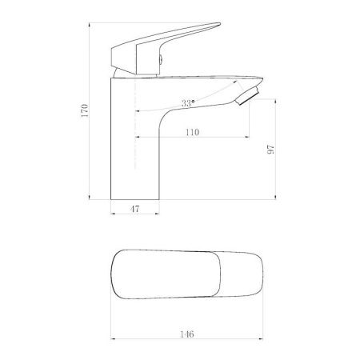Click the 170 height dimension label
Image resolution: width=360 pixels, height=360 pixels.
click(85, 110)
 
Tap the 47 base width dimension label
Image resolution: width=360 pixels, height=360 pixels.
click(134, 209)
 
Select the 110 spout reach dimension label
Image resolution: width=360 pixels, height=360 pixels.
click(192, 132)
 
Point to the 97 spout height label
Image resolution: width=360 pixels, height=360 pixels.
click(270, 150)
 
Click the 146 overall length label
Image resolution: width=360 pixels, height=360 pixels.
click(186, 334)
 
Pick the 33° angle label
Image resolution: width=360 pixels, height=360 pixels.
click(188, 103)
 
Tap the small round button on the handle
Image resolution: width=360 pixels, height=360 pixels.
click(161, 59)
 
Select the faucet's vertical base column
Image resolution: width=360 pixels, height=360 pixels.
click(135, 138)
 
